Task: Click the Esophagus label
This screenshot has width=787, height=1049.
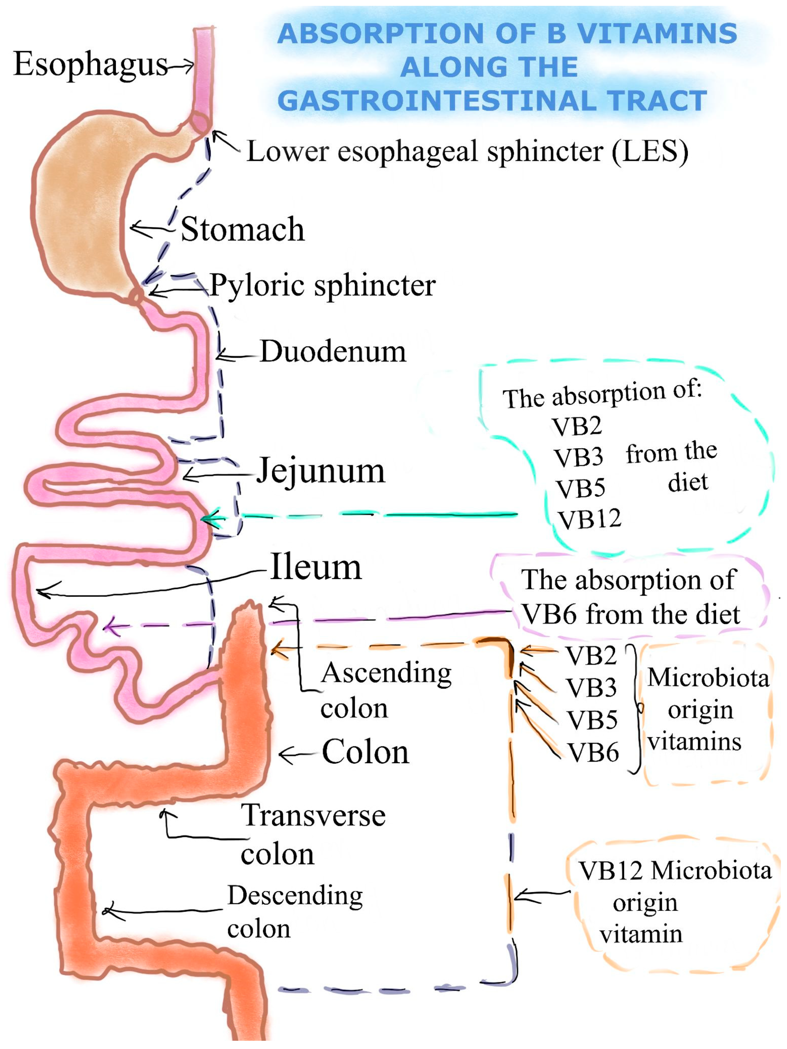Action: point(90,64)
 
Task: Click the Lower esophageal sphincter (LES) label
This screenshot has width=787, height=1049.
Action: point(467,152)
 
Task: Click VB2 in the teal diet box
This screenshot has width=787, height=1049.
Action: point(577,426)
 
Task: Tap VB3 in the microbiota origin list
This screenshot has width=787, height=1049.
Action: point(591,687)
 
